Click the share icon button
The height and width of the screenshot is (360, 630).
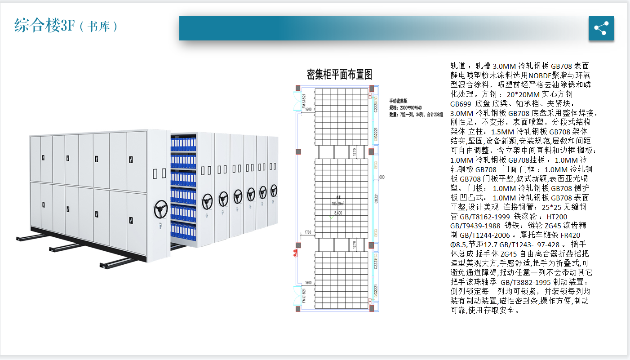[x=601, y=28]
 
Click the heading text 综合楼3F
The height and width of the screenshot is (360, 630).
[x=44, y=26]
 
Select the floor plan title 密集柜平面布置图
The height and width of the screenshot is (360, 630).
[x=339, y=74]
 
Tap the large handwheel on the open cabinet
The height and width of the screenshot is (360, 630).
[x=160, y=209]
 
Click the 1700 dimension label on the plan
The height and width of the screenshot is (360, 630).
[x=308, y=232]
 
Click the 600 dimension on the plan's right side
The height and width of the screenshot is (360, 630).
[x=382, y=177]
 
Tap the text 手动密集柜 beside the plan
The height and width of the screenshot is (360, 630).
[x=398, y=101]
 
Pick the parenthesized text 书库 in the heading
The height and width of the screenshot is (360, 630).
[x=98, y=27]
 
